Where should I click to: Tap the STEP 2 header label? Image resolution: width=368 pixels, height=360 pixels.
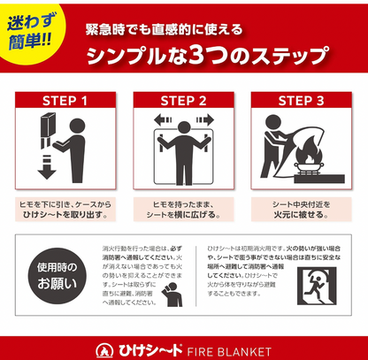pyautogui.click(x=183, y=100)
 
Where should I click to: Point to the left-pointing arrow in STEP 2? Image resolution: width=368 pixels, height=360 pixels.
pyautogui.click(x=161, y=119)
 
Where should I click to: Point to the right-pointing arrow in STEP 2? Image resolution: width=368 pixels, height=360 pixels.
pyautogui.click(x=206, y=119)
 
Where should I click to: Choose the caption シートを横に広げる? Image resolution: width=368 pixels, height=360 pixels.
pyautogui.click(x=183, y=215)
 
